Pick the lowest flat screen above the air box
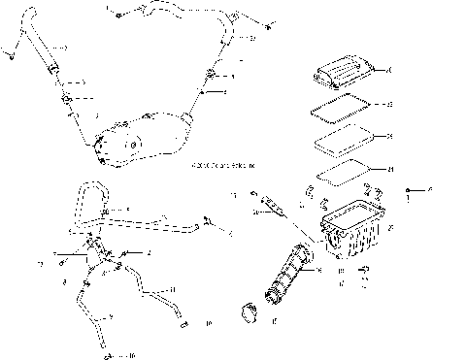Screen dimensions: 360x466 click(342, 173)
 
